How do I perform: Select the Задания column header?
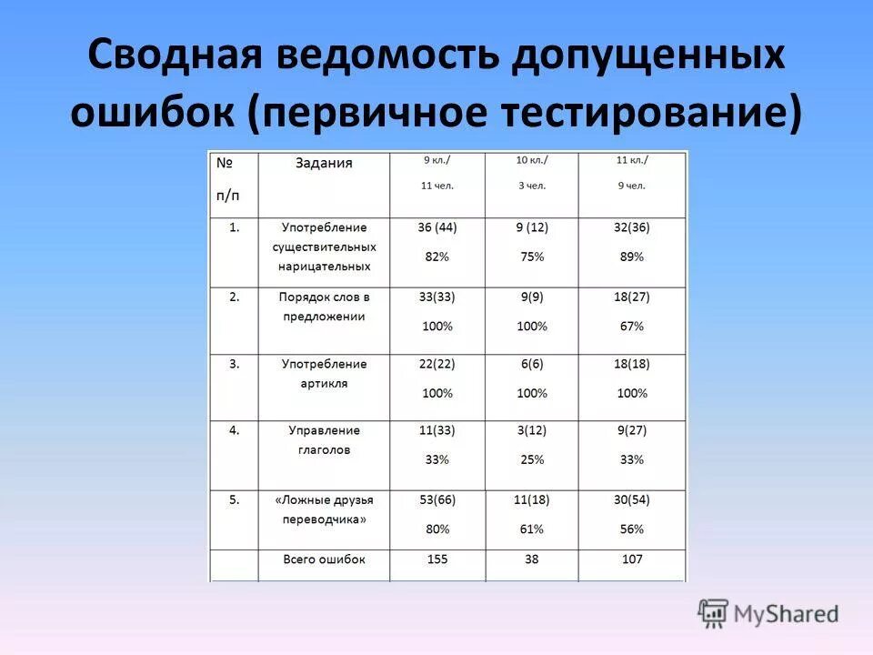324,164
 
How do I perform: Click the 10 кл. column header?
532,160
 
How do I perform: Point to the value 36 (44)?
437,227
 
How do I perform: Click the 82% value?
437,257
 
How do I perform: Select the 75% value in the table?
532,257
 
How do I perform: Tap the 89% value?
631,257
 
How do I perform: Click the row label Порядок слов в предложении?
324,307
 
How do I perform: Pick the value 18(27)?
631,297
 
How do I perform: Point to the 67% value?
631,326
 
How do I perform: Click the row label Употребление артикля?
324,374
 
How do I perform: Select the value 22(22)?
437,363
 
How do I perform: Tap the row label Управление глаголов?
324,440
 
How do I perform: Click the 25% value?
532,459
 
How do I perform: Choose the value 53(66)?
437,499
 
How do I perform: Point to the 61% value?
532,529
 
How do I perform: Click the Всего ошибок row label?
324,559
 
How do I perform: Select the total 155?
437,559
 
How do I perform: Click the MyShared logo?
768,613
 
